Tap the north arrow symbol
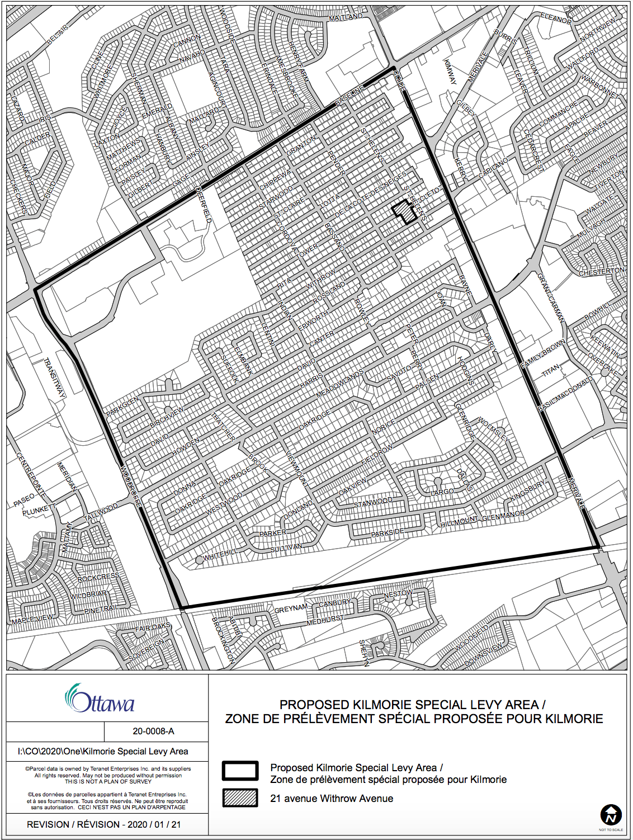(611, 815)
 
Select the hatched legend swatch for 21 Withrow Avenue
(240, 798)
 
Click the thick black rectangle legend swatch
(240, 771)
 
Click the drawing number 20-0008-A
(153, 731)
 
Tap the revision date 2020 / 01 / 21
(154, 824)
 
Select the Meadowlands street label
(340, 383)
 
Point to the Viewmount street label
(297, 467)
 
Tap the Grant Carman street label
(551, 298)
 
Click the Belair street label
(58, 35)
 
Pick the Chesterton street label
(602, 272)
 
